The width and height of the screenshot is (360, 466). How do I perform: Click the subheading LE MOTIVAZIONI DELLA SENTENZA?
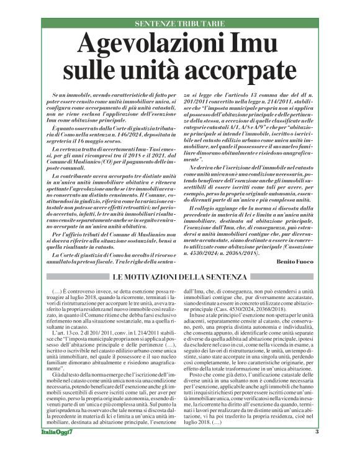(180, 277)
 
